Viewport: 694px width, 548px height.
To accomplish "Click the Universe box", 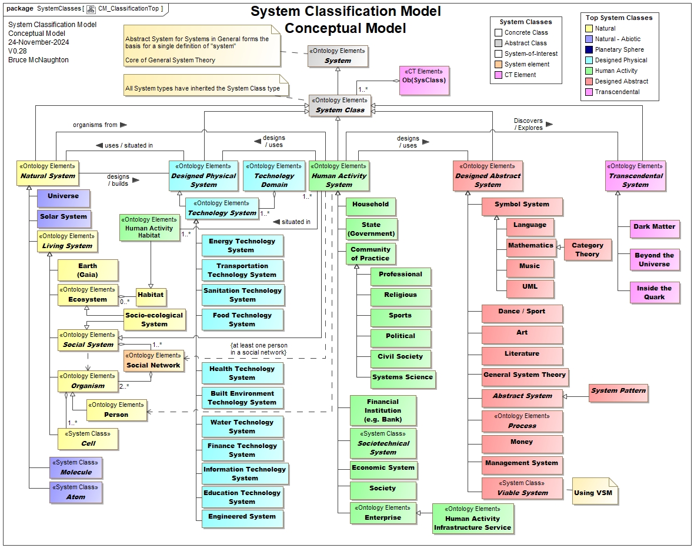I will (x=63, y=196).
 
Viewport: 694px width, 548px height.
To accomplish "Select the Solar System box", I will (x=63, y=217).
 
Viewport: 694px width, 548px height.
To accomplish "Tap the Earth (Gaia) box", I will (x=88, y=270).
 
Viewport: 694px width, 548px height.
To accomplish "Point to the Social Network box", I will (x=154, y=360).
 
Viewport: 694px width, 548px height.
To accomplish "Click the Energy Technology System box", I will (x=242, y=245).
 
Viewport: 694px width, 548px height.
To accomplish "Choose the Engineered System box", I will (x=242, y=517).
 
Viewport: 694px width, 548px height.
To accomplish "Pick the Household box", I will (x=371, y=205).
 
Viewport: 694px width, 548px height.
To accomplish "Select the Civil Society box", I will (x=400, y=357).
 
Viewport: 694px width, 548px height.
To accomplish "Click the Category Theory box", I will (x=587, y=249).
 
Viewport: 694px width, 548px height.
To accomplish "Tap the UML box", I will (x=530, y=287).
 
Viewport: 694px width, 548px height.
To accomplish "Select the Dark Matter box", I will (x=654, y=228).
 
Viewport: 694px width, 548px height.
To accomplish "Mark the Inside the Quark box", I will (x=654, y=293).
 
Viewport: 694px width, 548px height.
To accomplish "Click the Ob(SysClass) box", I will (x=423, y=80).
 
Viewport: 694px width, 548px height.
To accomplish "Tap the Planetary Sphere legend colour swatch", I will (x=589, y=50).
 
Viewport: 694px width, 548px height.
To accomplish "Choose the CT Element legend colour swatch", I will (x=498, y=75).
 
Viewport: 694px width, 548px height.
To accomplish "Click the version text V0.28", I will (x=18, y=51).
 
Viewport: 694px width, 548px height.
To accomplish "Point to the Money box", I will (x=522, y=443).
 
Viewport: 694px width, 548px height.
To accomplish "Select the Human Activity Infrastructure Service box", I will (x=472, y=518).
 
